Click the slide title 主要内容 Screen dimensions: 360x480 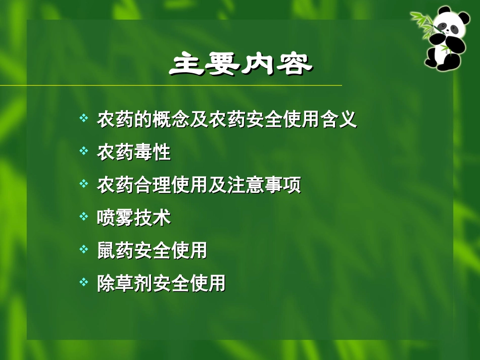[241, 64]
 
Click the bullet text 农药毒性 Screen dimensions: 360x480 [134, 152]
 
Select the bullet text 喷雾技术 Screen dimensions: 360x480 [134, 218]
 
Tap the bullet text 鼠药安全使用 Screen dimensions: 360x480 [152, 251]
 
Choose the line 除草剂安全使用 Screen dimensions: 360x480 [161, 284]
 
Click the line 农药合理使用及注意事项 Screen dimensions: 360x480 [199, 185]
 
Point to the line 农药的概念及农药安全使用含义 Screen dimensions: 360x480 [227, 120]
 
